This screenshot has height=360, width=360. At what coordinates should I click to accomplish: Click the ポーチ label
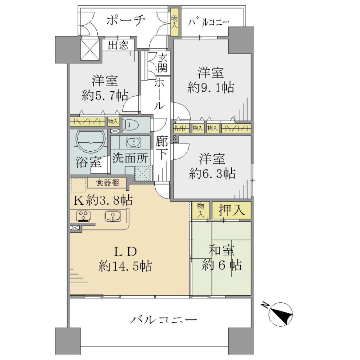point(126,20)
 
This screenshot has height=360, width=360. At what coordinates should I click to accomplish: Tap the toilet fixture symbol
point(131,125)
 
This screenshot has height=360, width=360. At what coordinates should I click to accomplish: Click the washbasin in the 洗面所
point(134,142)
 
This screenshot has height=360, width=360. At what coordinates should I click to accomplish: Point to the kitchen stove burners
point(83,216)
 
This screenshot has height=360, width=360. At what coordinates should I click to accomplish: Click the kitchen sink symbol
point(113,216)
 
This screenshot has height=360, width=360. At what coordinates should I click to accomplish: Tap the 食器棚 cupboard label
point(107,183)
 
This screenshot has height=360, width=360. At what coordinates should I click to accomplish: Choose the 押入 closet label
point(231,210)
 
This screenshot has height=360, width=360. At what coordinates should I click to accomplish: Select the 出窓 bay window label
point(118,45)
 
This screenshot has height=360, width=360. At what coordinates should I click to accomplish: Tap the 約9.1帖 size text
point(211,87)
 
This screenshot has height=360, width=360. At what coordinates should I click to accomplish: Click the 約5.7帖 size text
point(104,95)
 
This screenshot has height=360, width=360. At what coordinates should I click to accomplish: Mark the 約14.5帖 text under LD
point(125,266)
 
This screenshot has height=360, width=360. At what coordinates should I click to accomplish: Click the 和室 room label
point(221,250)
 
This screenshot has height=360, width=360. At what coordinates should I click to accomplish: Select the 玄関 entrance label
point(162,64)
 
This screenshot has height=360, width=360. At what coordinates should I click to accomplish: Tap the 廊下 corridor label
point(162,148)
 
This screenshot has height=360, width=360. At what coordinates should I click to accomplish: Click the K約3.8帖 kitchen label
point(103,200)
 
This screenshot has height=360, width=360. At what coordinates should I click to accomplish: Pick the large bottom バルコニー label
point(163,319)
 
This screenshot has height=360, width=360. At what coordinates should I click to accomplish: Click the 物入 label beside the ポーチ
point(175,21)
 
